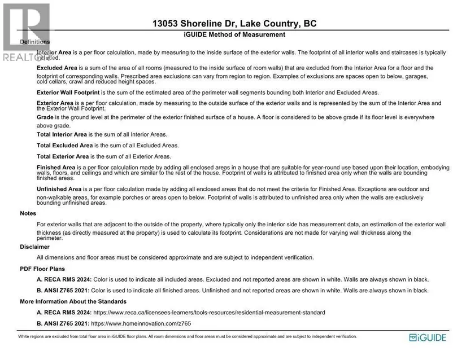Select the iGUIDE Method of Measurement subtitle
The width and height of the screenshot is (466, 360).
pyautogui.click(x=234, y=35)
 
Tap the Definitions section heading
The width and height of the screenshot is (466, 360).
pyautogui.click(x=34, y=42)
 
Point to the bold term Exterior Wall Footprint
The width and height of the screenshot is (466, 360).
pyautogui.click(x=68, y=92)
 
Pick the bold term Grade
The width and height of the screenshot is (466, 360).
pyautogui.click(x=45, y=117)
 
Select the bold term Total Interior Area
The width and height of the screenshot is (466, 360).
pyautogui.click(x=62, y=135)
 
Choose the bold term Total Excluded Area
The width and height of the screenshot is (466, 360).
pyautogui.click(x=64, y=146)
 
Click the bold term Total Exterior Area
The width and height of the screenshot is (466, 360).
pyautogui.click(x=63, y=156)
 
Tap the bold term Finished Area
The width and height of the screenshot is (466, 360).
pyautogui.click(x=56, y=168)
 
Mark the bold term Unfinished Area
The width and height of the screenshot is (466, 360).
pyautogui.click(x=59, y=189)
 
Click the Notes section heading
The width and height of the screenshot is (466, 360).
pyautogui.click(x=28, y=214)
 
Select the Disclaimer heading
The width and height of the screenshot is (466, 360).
pyautogui.click(x=34, y=247)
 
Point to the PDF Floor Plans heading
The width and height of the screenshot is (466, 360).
pyautogui.click(x=42, y=269)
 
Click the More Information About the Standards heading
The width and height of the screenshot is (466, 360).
pyautogui.click(x=73, y=301)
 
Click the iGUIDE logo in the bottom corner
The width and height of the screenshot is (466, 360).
pyautogui.click(x=428, y=337)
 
